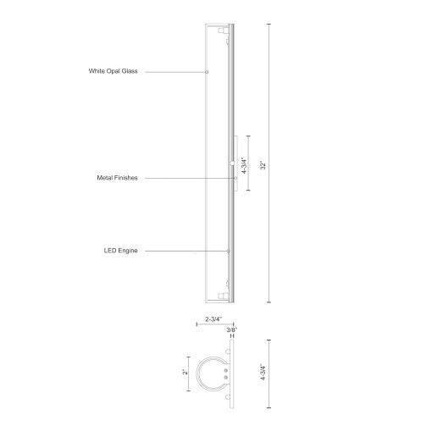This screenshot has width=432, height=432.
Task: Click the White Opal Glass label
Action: click(113, 71)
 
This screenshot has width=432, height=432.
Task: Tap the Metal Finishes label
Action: click(117, 178)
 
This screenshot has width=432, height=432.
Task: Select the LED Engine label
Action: click(120, 251)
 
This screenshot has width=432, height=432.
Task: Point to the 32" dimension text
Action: click(263, 165)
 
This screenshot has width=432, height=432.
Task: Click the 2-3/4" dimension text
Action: click(213, 319)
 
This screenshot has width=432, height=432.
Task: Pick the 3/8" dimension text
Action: click(232, 330)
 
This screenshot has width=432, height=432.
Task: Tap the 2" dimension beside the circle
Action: click(186, 373)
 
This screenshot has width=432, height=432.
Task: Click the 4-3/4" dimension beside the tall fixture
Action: click(244, 165)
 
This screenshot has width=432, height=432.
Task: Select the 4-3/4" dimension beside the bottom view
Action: click(263, 372)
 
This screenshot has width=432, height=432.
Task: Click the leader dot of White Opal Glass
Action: click(207, 72)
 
